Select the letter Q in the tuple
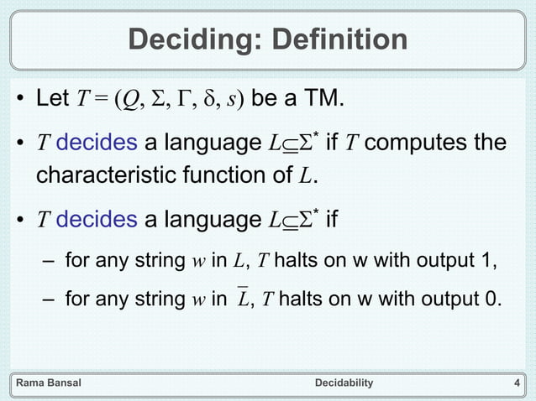coord(131,102)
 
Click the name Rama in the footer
coord(31,383)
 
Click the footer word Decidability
coord(343,383)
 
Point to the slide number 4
coord(516,383)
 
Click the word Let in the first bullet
coord(53,102)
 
